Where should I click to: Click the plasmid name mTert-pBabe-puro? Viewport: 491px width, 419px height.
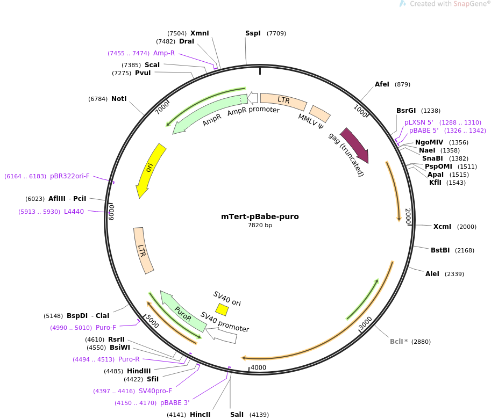[260, 217]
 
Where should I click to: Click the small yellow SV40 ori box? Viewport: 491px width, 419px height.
[222, 309]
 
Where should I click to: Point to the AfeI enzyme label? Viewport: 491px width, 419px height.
[382, 84]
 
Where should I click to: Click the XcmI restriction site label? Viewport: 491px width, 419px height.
[442, 227]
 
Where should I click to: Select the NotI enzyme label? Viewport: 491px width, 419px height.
[119, 99]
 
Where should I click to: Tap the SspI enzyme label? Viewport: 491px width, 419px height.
[253, 33]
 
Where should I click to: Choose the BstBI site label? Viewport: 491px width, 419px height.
[440, 250]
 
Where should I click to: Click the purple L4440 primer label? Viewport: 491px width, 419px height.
[74, 212]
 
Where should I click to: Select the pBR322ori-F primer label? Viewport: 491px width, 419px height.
[70, 176]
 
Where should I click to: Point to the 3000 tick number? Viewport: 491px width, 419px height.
[366, 324]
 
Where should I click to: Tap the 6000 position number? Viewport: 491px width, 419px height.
[112, 212]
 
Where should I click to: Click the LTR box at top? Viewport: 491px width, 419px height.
[283, 100]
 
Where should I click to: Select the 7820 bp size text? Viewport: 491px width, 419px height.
[260, 226]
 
